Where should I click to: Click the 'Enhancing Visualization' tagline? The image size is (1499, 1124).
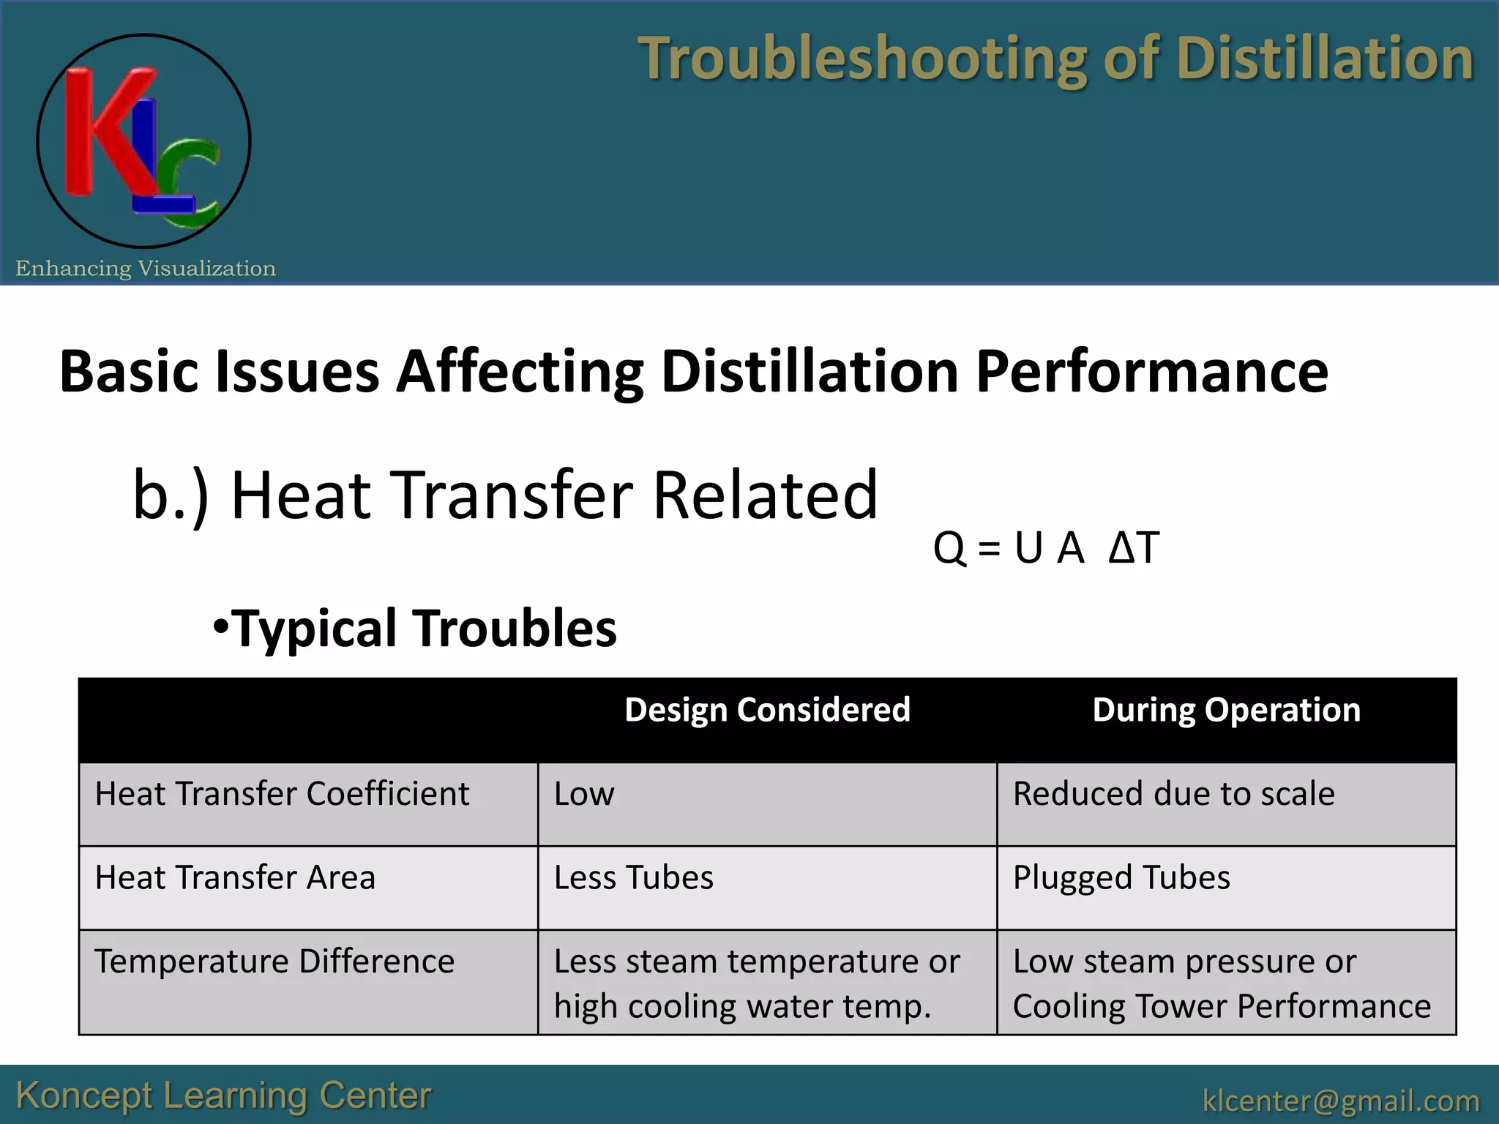(146, 269)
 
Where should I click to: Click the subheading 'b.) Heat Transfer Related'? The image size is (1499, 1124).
(505, 495)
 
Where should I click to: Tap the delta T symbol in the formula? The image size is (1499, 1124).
(1134, 547)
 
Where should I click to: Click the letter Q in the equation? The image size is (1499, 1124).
(949, 547)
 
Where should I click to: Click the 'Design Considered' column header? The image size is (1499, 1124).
(767, 711)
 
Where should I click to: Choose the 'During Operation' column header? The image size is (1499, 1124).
(1226, 711)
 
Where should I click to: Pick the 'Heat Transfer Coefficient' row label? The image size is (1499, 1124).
(282, 794)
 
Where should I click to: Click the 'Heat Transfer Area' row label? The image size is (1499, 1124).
(235, 877)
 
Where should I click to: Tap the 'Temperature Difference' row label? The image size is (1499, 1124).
(274, 962)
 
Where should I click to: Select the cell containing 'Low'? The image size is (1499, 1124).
(584, 794)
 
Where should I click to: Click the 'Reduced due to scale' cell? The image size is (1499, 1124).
(1173, 794)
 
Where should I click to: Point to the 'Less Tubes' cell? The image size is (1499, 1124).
(633, 877)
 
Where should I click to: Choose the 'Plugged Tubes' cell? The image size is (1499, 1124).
(1121, 877)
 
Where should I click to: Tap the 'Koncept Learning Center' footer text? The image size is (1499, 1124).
(223, 1095)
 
